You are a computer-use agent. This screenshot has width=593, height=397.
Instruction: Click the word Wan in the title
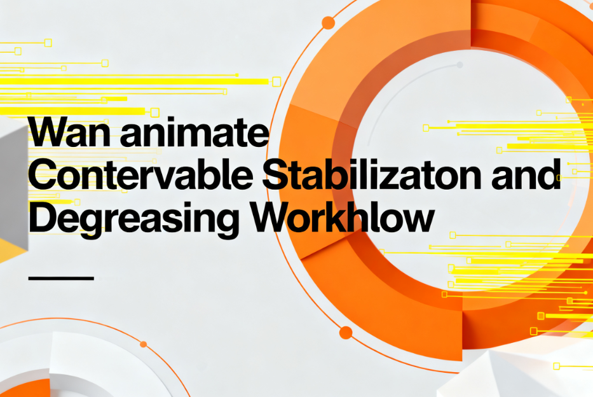tap(69, 132)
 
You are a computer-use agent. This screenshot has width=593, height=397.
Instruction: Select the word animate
tap(194, 132)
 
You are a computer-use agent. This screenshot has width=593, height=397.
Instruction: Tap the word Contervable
tap(140, 174)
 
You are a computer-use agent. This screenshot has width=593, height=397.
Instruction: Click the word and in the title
tap(526, 174)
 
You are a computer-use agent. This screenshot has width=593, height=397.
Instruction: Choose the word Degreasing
tap(133, 219)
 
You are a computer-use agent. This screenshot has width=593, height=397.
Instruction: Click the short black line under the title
tap(61, 278)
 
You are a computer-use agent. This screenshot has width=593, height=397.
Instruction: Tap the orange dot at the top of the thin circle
tap(328, 23)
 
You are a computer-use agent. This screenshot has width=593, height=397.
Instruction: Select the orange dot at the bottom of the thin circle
tap(346, 333)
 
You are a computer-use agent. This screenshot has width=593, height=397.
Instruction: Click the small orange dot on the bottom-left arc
tap(144, 344)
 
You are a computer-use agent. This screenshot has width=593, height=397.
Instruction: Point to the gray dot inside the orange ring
tap(460, 65)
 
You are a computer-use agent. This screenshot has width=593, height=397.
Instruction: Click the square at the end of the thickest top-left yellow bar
tap(276, 81)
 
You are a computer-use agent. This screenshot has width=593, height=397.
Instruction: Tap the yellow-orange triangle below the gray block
tap(11, 250)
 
